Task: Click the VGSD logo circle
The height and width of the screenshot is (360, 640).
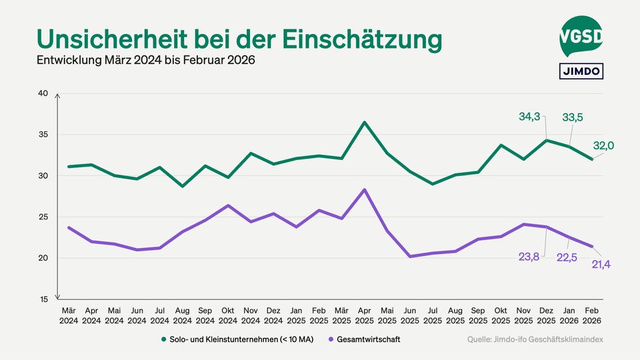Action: tap(580, 37)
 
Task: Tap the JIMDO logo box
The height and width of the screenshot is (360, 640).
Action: tap(580, 71)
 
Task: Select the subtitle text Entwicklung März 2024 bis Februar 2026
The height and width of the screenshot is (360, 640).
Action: tap(146, 61)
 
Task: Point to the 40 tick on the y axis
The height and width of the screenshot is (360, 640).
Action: tap(43, 93)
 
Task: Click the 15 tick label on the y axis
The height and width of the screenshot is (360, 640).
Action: tap(43, 299)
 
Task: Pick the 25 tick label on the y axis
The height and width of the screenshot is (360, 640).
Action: tap(43, 217)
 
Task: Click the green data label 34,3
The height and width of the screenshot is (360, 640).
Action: tap(530, 117)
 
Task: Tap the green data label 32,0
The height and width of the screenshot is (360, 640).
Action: tap(603, 146)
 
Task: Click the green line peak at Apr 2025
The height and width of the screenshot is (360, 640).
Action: tap(364, 122)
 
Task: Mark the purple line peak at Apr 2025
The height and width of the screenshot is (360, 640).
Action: tap(364, 189)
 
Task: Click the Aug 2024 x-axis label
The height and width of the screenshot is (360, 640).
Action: tap(182, 315)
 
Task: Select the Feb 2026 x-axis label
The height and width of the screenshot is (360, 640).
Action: tap(592, 315)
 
